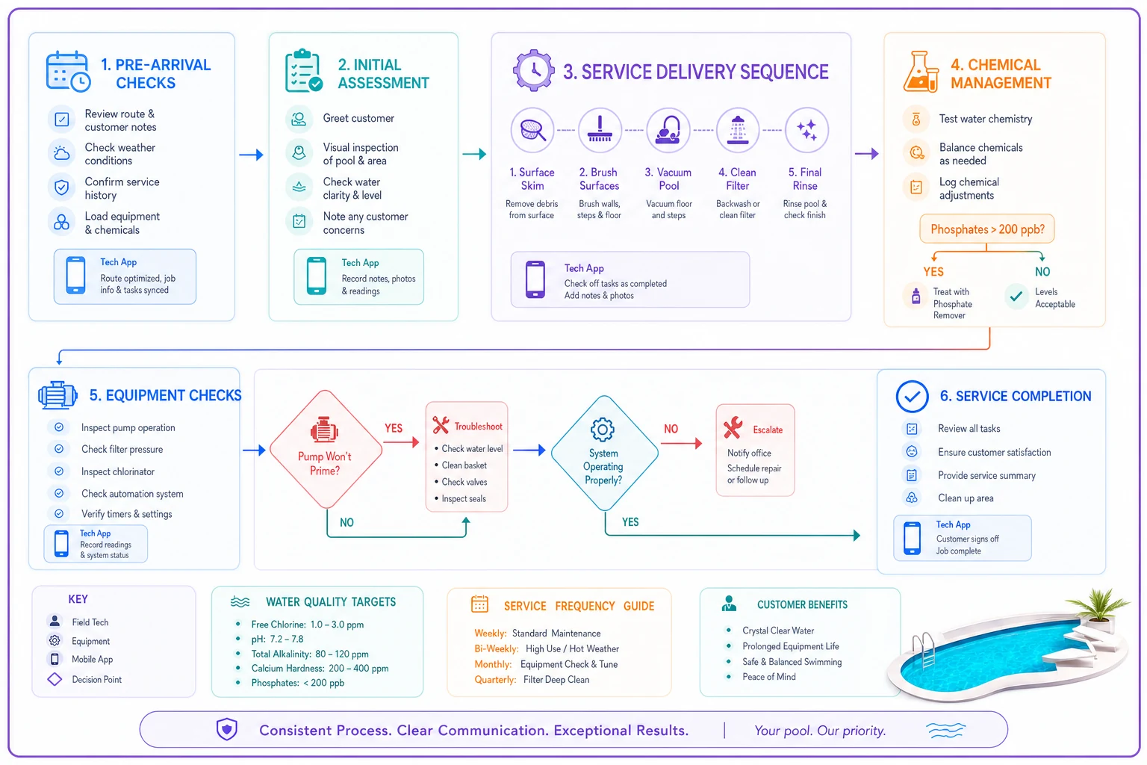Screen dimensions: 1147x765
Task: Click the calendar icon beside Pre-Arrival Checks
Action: pyautogui.click(x=68, y=71)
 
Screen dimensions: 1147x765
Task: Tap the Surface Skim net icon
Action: pyautogui.click(x=532, y=130)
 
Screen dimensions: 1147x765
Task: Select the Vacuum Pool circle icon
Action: pyautogui.click(x=668, y=130)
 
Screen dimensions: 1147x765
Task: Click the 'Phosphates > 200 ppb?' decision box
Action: pyautogui.click(x=986, y=229)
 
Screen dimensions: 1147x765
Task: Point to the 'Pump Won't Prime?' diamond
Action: pyautogui.click(x=326, y=449)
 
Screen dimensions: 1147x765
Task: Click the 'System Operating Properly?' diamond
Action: pyautogui.click(x=604, y=453)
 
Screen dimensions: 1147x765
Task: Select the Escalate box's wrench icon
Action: pyautogui.click(x=733, y=427)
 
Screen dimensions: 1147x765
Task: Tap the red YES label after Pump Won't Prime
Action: pyautogui.click(x=394, y=428)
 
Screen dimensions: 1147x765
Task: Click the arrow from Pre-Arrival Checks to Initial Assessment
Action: pyautogui.click(x=252, y=154)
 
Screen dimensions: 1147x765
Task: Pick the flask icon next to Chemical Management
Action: pyautogui.click(x=921, y=71)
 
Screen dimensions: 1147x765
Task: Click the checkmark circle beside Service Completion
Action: pyautogui.click(x=912, y=396)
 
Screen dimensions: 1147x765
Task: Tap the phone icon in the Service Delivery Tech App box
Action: pyautogui.click(x=535, y=279)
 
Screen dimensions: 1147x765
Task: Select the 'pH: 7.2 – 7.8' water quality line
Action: pyautogui.click(x=277, y=639)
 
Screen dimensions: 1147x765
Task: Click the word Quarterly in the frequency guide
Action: pyautogui.click(x=494, y=679)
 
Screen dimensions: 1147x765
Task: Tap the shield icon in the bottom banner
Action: pyautogui.click(x=226, y=729)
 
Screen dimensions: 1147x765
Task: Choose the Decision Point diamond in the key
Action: pyautogui.click(x=55, y=679)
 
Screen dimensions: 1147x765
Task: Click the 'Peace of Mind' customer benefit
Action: pyautogui.click(x=768, y=676)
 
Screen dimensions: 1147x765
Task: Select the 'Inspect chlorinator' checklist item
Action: pyautogui.click(x=118, y=471)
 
